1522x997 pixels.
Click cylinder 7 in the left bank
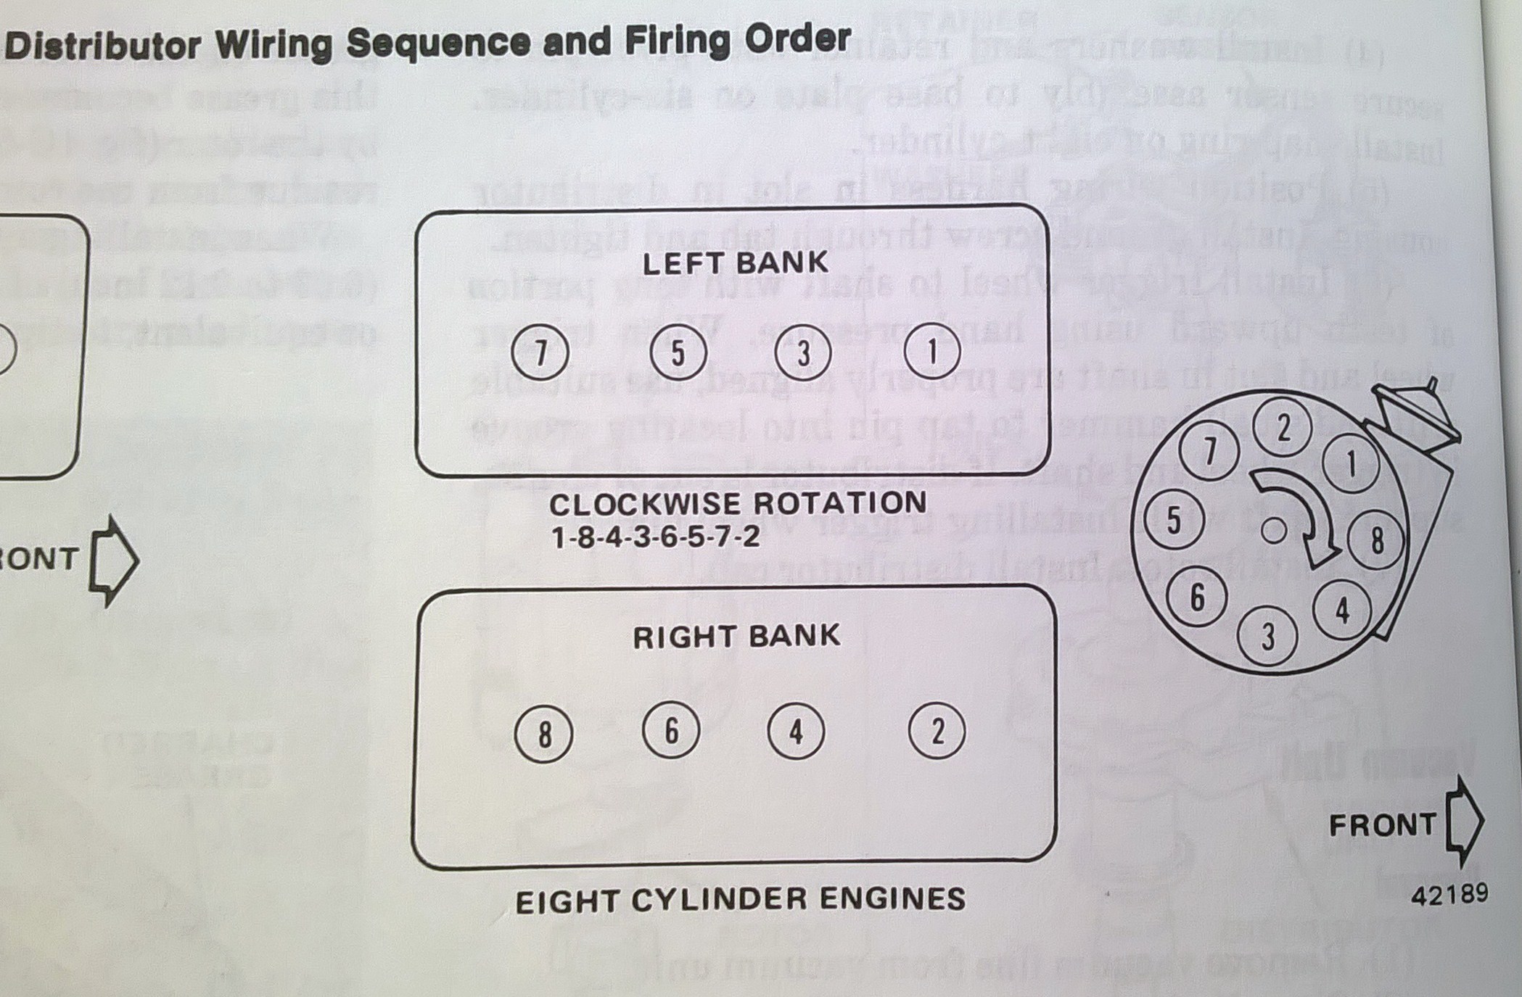(x=540, y=352)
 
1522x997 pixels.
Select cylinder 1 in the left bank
(x=932, y=352)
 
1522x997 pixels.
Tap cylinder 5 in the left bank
(x=678, y=352)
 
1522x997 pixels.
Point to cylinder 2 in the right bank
(x=937, y=732)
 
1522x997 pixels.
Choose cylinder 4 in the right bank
(x=796, y=732)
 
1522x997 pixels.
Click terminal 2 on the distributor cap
(x=1283, y=428)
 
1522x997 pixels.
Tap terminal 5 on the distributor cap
(x=1173, y=520)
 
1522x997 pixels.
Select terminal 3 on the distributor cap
(x=1267, y=637)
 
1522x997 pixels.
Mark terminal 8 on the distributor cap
(x=1375, y=540)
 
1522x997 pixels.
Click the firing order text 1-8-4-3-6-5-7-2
(x=655, y=537)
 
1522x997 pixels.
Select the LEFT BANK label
(x=735, y=262)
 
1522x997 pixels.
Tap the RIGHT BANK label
(x=736, y=637)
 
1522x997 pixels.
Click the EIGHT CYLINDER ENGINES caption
(x=740, y=900)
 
